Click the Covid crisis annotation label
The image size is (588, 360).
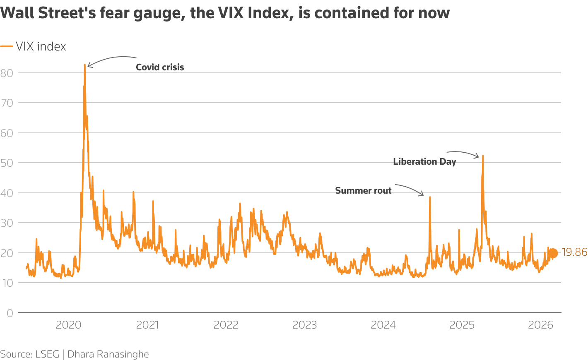(x=160, y=67)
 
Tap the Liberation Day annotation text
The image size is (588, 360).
(x=424, y=162)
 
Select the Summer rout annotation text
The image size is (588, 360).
(x=363, y=191)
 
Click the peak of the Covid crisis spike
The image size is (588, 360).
(x=84, y=65)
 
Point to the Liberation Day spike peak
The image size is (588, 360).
(x=483, y=156)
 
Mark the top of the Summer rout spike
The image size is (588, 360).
(x=430, y=197)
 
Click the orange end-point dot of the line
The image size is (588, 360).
(x=553, y=253)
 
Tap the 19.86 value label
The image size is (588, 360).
(x=574, y=252)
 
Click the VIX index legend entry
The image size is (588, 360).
(x=41, y=46)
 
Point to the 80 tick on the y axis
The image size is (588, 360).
(x=7, y=73)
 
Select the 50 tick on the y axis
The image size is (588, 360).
(x=7, y=163)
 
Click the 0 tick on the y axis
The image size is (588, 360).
(x=10, y=313)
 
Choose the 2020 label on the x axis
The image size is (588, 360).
(x=68, y=325)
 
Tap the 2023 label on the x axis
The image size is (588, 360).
(x=304, y=325)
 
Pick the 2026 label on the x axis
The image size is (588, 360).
(x=540, y=325)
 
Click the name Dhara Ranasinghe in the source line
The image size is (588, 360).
(x=108, y=354)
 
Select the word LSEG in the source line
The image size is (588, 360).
(x=47, y=354)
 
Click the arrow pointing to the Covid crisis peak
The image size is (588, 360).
(x=111, y=59)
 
